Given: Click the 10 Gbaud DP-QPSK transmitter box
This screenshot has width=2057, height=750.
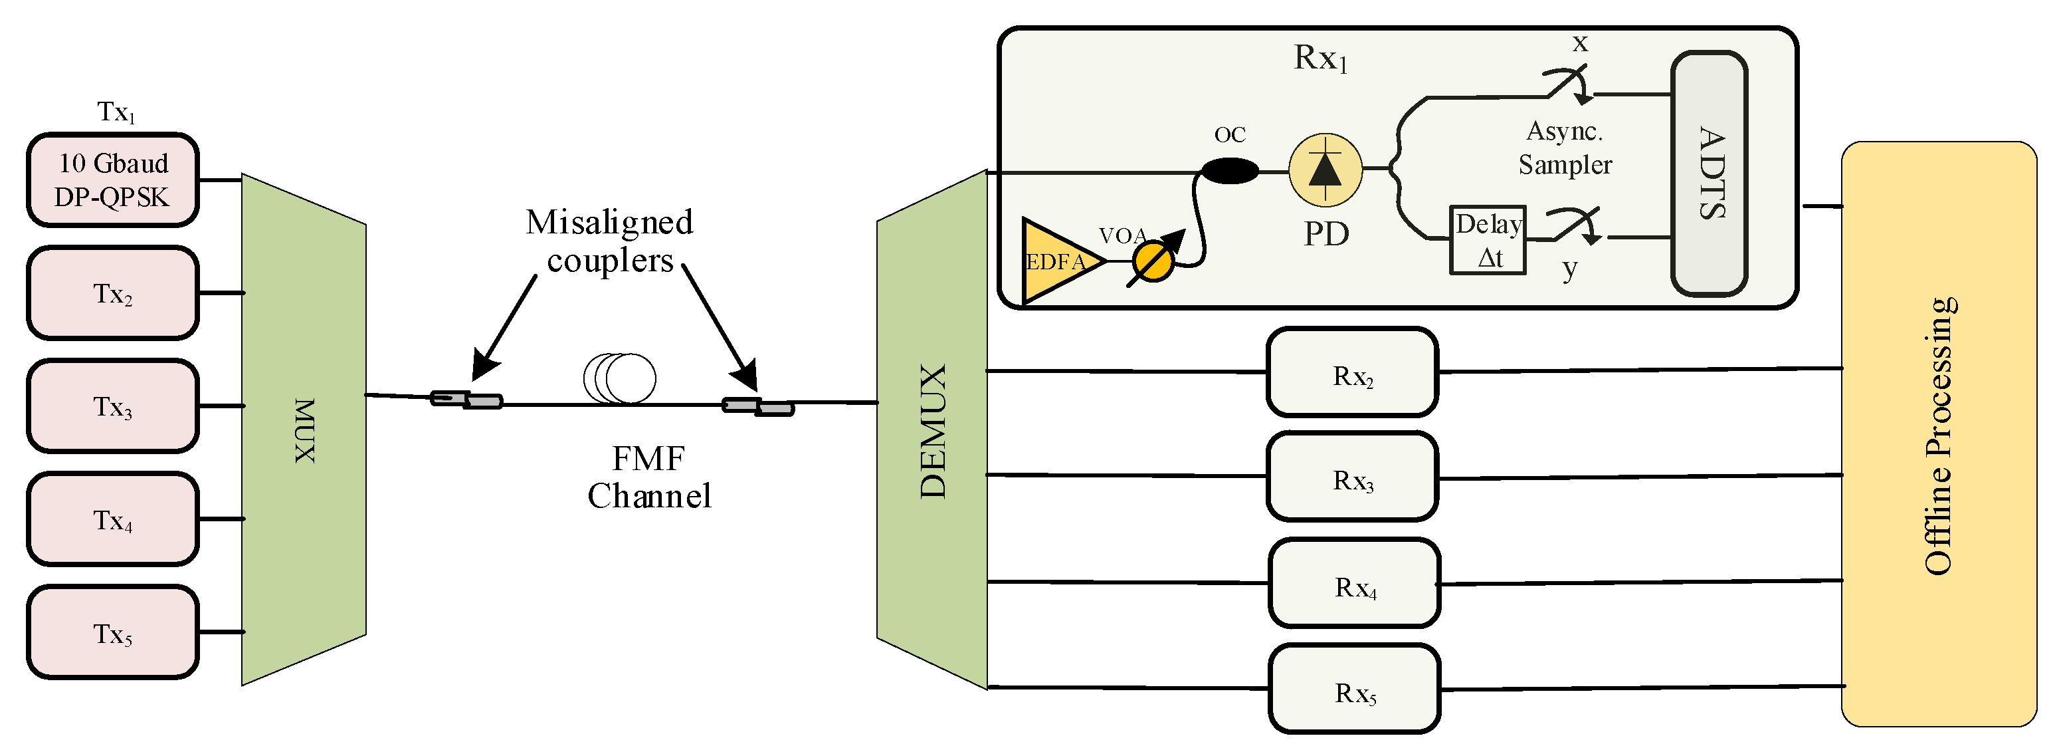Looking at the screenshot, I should click(x=112, y=180).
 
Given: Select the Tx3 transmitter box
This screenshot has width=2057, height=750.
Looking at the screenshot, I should click(x=112, y=406).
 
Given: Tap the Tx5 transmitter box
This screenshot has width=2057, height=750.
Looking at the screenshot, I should click(x=112, y=632).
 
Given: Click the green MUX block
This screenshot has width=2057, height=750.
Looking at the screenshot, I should click(x=304, y=430).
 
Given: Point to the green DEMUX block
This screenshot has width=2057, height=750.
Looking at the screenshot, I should click(x=932, y=430).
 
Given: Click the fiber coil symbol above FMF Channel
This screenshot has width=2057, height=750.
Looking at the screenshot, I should click(x=621, y=378).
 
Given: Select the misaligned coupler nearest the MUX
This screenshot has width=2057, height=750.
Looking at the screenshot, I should click(x=466, y=400).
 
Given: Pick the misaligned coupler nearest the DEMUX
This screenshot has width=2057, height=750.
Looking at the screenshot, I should click(x=758, y=406).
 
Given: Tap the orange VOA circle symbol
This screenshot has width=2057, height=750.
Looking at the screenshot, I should click(x=1154, y=261).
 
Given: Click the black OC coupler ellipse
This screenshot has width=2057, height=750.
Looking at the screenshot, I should click(x=1230, y=170).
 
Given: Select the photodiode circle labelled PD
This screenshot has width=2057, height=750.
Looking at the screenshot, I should click(x=1325, y=170).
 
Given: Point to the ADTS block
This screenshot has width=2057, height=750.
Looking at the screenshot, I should click(x=1710, y=174).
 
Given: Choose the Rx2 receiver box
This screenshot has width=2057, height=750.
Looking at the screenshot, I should click(x=1353, y=372).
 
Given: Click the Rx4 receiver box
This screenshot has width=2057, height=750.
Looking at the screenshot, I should click(x=1354, y=583).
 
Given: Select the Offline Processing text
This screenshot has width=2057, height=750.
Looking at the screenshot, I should click(x=1939, y=436).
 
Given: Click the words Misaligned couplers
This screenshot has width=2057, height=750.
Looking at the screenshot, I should click(x=610, y=241).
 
